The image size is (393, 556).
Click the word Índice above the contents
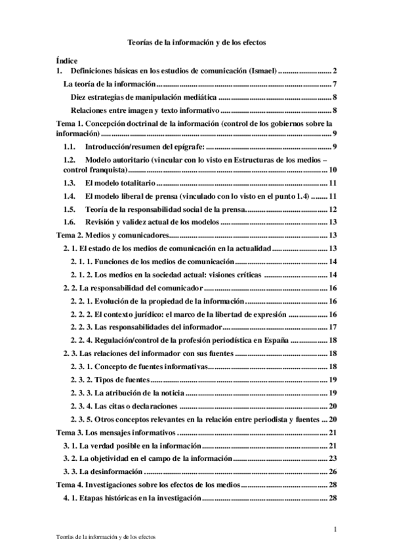tap(67, 60)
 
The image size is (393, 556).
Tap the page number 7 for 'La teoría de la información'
tap(335, 84)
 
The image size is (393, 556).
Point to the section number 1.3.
tap(69, 183)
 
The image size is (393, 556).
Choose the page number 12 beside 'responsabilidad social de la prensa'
tap(333, 209)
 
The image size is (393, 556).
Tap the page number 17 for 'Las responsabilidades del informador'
tap(333, 327)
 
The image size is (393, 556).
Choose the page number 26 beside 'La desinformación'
tap(333, 471)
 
